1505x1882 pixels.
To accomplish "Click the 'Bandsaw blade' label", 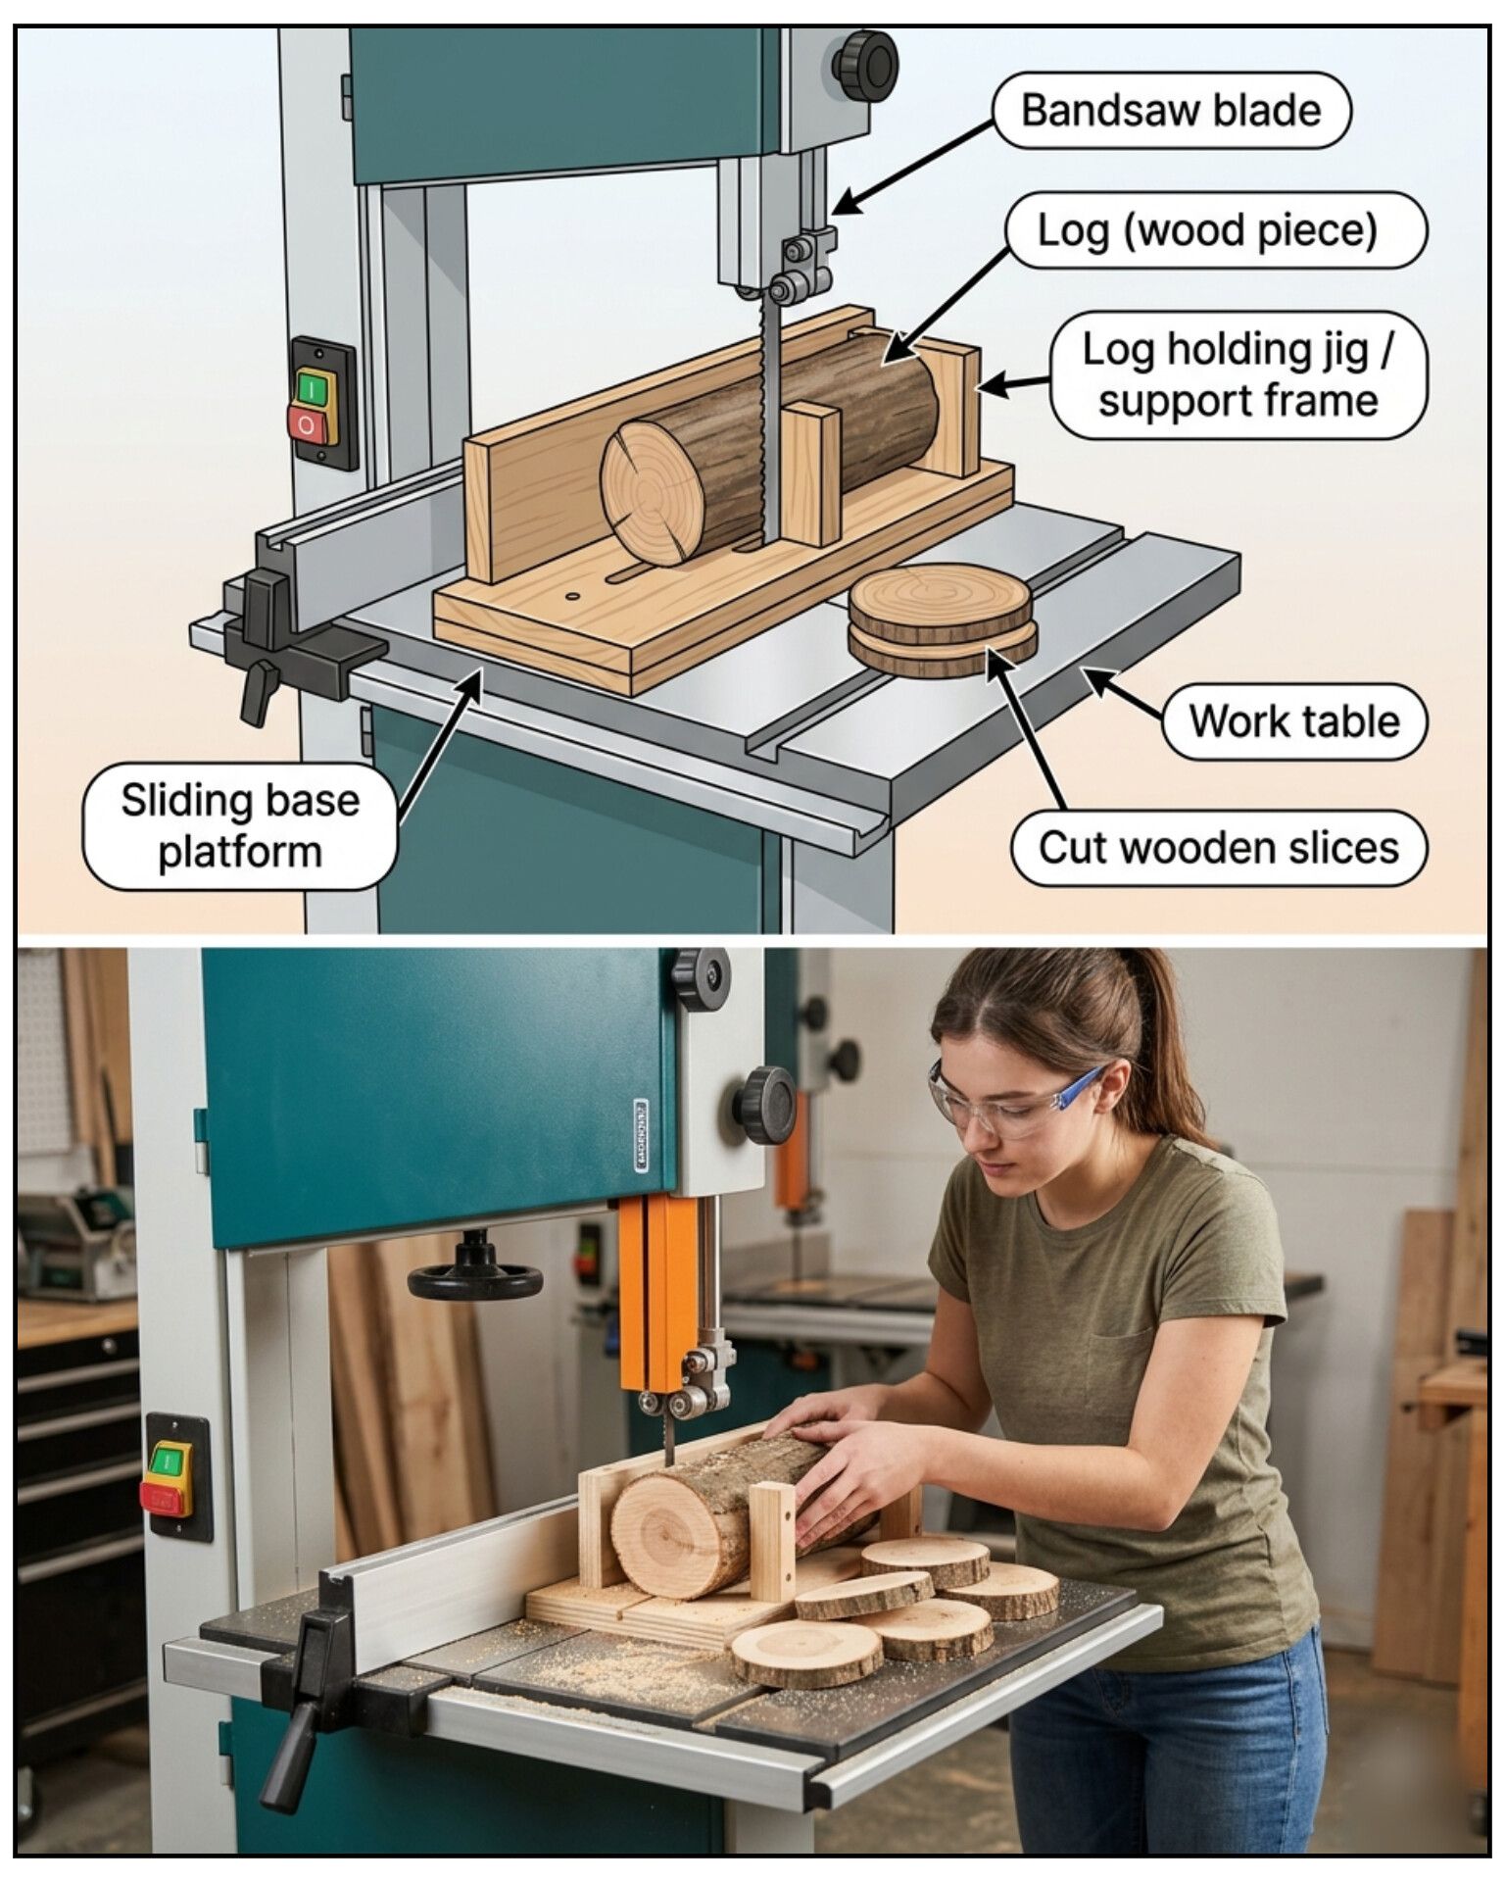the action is click(1172, 110).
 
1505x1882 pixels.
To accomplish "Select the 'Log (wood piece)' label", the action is click(1216, 230).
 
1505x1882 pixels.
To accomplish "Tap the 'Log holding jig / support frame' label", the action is click(1238, 375).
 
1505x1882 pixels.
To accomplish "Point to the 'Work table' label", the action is click(1294, 721).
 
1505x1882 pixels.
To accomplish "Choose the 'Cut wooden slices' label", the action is click(1219, 848).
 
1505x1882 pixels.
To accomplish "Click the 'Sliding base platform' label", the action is click(240, 826).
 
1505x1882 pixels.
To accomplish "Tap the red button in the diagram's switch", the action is click(307, 423).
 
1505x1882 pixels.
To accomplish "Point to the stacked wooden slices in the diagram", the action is click(942, 620).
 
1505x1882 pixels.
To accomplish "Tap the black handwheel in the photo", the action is click(475, 1275).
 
